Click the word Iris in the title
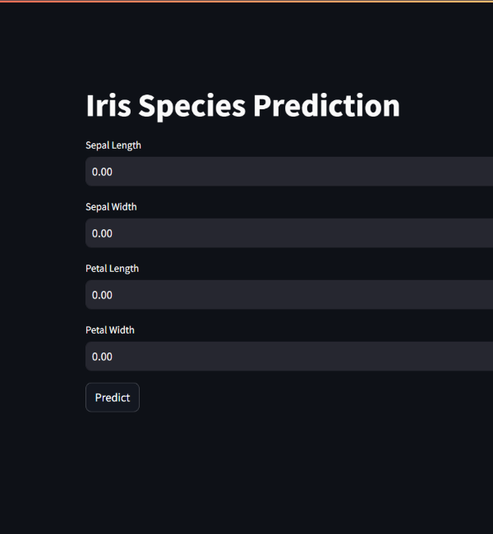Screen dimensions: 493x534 (108, 106)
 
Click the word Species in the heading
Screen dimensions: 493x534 (191, 108)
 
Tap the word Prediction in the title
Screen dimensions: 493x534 (326, 106)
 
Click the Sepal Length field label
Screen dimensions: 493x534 (113, 145)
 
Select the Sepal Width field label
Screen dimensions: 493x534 (111, 207)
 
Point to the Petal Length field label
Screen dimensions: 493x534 (112, 269)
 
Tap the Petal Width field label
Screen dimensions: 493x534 (110, 330)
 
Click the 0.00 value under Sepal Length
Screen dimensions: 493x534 (102, 172)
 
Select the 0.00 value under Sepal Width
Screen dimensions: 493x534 (102, 233)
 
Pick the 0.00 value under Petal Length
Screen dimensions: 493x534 (102, 295)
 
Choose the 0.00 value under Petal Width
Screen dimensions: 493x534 (102, 357)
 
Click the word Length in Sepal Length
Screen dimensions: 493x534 (126, 145)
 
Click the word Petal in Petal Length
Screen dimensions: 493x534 (96, 269)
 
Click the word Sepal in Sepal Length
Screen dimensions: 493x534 (97, 145)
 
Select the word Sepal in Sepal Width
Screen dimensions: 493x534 (97, 207)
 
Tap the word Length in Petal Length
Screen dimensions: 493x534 (124, 269)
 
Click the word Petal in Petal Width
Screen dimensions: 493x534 (96, 330)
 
